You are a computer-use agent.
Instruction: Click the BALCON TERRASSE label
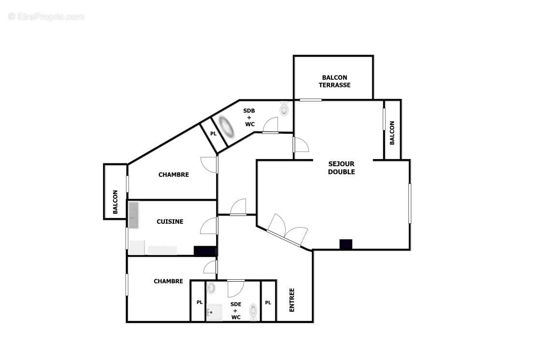tap(334, 81)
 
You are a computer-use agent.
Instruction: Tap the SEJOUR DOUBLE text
tap(341, 168)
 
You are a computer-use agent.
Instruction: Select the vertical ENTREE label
tap(292, 300)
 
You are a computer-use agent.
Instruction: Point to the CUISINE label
tap(170, 222)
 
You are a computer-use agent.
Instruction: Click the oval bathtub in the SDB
tap(226, 127)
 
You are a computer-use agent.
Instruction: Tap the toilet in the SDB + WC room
tap(284, 110)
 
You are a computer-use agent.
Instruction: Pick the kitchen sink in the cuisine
tap(134, 215)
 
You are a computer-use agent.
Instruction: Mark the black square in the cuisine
tap(204, 251)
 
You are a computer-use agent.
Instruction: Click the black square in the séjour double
tap(346, 245)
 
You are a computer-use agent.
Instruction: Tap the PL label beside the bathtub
tap(213, 134)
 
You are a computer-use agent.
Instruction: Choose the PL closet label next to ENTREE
tap(268, 303)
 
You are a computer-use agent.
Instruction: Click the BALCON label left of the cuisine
tap(115, 202)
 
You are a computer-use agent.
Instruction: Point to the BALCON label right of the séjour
tap(392, 133)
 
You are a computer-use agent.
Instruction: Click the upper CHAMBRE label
tap(174, 175)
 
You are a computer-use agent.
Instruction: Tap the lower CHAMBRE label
tap(168, 281)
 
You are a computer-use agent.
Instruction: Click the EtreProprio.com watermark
tap(46, 17)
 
